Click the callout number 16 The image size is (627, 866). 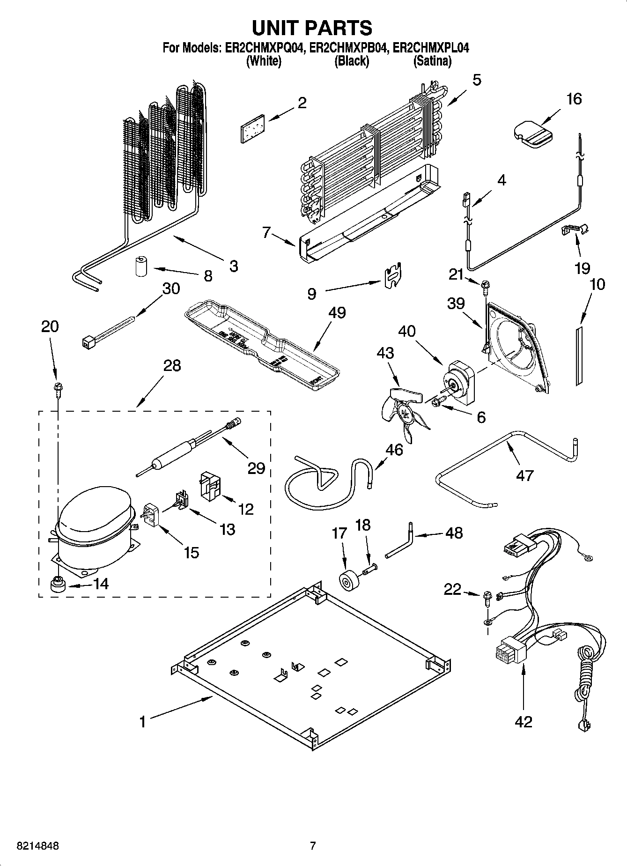[x=574, y=99]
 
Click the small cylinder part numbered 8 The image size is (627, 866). [x=141, y=266]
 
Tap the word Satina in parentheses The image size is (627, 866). [x=432, y=61]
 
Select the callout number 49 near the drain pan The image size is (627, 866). [x=337, y=312]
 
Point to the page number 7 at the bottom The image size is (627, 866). [x=313, y=846]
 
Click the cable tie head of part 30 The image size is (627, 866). [x=87, y=344]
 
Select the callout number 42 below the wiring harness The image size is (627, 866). [x=523, y=722]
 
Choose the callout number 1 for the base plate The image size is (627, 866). [x=142, y=722]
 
